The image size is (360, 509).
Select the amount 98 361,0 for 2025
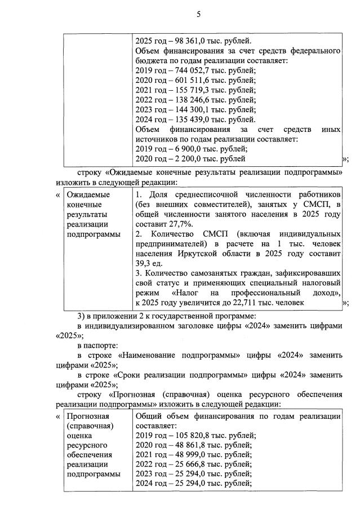point(194,41)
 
